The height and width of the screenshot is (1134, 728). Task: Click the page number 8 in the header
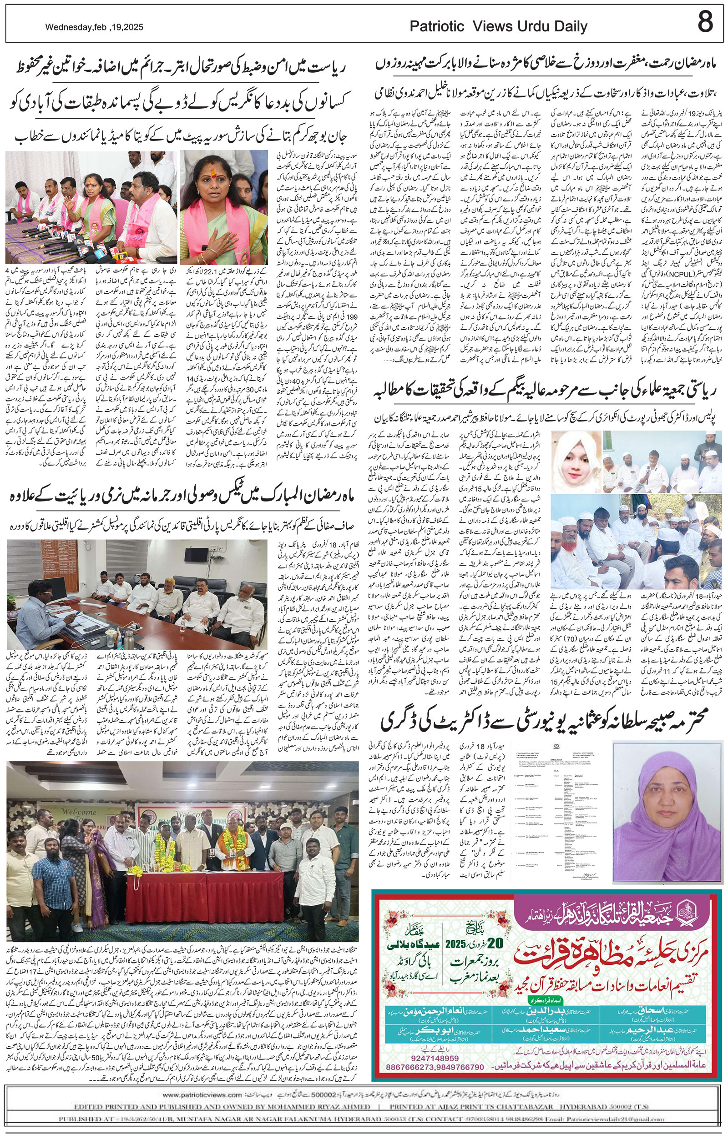705,22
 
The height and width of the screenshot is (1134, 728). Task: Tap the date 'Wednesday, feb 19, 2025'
94,28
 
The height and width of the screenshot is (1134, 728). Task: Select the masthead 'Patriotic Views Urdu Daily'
498,27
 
